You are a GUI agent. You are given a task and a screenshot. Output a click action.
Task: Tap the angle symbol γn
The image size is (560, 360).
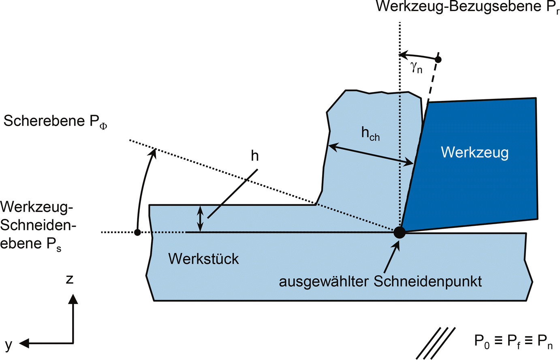[x=417, y=68]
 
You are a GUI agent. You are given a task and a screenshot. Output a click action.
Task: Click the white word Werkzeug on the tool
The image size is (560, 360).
[x=475, y=152]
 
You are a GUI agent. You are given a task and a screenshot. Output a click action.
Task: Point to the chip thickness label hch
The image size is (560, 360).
[x=370, y=134]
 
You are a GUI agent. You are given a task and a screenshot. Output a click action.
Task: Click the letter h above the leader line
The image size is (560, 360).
[x=254, y=156]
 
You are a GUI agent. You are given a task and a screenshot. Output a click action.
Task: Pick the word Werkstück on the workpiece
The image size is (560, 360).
[x=203, y=259]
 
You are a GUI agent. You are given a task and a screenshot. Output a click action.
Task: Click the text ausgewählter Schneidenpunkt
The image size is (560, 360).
[x=380, y=281]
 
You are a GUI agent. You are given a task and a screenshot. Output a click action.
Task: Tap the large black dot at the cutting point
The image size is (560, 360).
[x=400, y=232]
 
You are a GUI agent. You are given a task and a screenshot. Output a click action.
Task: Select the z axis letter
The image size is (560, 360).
[x=70, y=279]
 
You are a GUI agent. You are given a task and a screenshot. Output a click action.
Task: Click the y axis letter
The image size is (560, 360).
[x=9, y=344]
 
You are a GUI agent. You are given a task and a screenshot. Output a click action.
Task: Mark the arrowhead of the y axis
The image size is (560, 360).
[x=24, y=343]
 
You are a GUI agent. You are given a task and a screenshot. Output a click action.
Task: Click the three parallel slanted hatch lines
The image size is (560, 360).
[x=436, y=343]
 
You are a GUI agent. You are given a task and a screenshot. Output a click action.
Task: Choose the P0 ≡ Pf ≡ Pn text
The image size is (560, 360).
[x=513, y=341]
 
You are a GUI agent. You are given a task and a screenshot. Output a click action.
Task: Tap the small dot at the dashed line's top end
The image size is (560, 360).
[x=438, y=60]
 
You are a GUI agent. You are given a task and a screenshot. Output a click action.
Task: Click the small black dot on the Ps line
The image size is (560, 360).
[x=137, y=232]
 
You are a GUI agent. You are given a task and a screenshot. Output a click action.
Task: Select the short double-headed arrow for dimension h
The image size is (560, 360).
[x=199, y=219]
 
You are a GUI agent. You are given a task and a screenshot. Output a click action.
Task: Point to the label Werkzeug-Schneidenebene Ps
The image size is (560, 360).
[x=38, y=225]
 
